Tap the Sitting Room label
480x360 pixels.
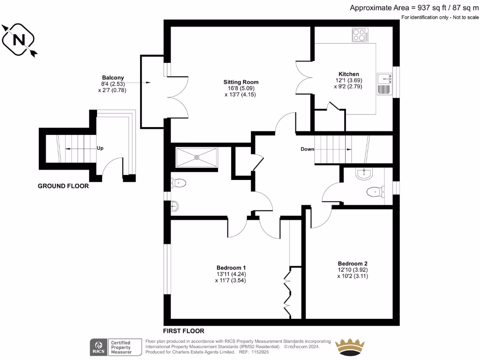click(x=241, y=82)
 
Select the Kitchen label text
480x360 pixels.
click(x=349, y=74)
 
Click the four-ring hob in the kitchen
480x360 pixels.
click(x=360, y=35)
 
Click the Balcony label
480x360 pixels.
click(x=112, y=77)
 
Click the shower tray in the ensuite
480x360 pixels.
click(x=196, y=157)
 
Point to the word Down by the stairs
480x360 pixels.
click(x=307, y=150)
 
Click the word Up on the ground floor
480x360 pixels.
click(x=100, y=148)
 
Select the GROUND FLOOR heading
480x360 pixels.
click(x=63, y=186)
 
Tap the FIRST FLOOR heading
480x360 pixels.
click(x=183, y=330)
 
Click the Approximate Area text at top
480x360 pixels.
click(x=414, y=7)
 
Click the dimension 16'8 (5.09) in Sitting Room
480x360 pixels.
click(x=241, y=88)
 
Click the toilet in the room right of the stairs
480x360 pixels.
click(x=375, y=191)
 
